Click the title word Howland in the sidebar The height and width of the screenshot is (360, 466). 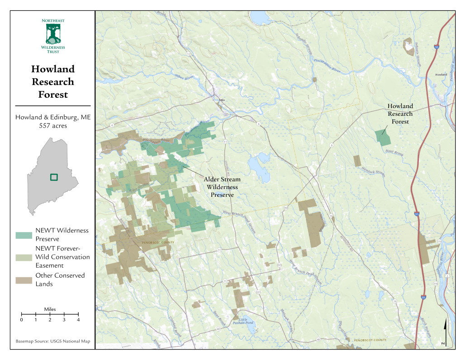click(53, 69)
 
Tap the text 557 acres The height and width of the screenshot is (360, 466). click(53, 125)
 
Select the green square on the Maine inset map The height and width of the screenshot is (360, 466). click(54, 177)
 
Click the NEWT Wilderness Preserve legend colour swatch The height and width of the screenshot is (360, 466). click(24, 235)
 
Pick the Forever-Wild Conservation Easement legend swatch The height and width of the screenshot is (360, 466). click(24, 257)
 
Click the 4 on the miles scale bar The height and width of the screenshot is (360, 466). click(78, 320)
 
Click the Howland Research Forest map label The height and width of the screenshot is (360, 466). click(400, 114)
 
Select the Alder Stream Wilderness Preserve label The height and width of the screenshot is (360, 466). click(222, 187)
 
